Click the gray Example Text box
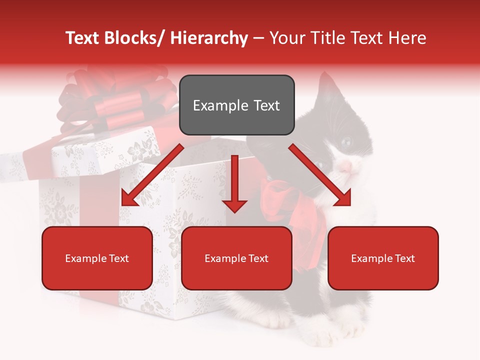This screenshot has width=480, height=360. point(236,105)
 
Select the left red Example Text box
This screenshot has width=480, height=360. point(97,258)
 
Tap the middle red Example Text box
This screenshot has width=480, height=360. point(236,258)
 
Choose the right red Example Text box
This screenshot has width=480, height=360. point(383,258)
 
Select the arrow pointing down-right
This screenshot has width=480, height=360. point(320,175)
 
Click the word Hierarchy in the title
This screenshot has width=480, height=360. point(209,38)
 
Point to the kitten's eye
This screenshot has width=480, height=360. point(346,142)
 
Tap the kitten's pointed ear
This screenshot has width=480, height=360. point(326,82)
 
